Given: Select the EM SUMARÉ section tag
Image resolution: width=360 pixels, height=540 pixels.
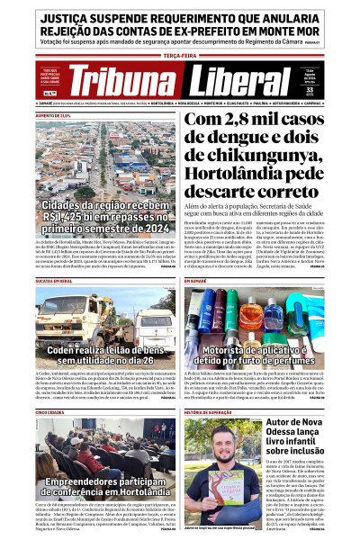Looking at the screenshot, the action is tap(197, 282).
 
